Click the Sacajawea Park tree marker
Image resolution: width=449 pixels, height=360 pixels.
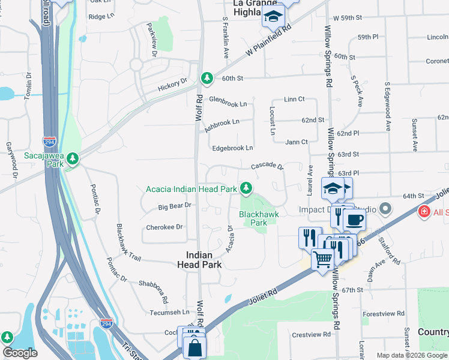73,158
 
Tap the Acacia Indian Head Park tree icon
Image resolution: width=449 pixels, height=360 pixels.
246,188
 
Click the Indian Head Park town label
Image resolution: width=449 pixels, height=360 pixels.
200,259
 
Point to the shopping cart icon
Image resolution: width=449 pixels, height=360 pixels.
323,260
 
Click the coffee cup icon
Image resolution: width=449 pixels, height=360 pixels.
354,219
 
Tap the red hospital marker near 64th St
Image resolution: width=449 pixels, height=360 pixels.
424,212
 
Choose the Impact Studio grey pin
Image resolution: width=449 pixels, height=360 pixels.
385,209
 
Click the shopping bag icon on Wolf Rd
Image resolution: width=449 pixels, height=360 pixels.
195,347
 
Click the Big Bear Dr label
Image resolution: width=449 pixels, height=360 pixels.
174,206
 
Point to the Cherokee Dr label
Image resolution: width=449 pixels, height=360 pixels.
164,227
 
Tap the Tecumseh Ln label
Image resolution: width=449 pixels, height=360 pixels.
169,312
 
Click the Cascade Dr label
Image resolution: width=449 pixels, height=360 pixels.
267,165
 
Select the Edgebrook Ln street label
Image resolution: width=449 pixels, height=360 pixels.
231,148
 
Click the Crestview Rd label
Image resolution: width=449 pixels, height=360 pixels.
312,334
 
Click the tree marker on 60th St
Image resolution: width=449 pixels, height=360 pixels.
207,78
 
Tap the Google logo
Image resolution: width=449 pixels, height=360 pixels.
20,353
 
